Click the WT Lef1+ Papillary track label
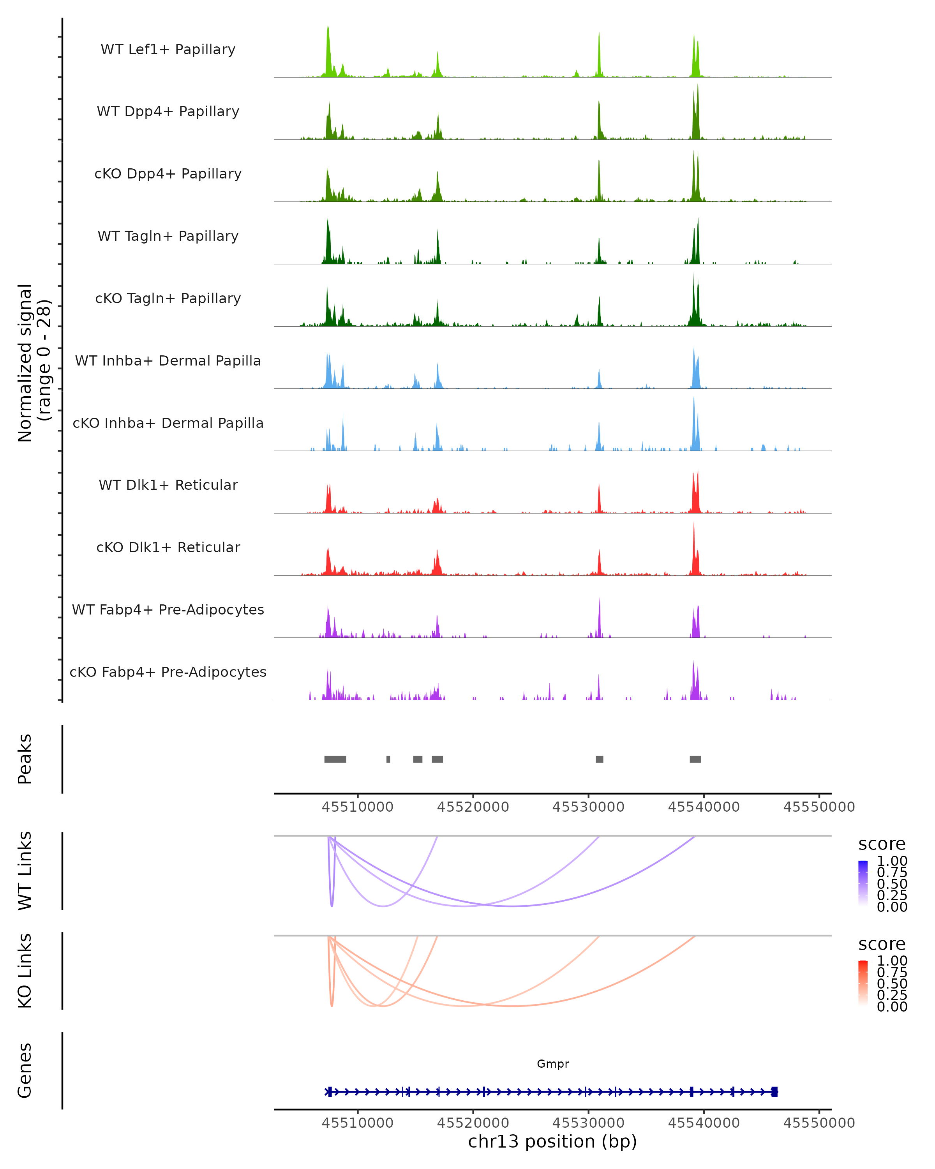pos(168,49)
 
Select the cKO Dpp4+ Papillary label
pos(168,174)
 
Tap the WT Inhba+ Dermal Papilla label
pos(168,361)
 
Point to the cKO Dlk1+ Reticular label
pos(168,547)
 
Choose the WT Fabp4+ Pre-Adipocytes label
pos(168,610)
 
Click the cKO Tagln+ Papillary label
pos(168,299)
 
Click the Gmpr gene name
pos(553,1064)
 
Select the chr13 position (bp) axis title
pos(552,1141)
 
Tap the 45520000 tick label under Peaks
pos(473,807)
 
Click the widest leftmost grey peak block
pos(335,759)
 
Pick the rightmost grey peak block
pos(695,759)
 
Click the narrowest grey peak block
pos(388,759)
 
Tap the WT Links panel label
pos(25,871)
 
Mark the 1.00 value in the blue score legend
pos(892,861)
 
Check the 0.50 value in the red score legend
pos(892,984)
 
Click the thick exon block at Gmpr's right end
pos(774,1092)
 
